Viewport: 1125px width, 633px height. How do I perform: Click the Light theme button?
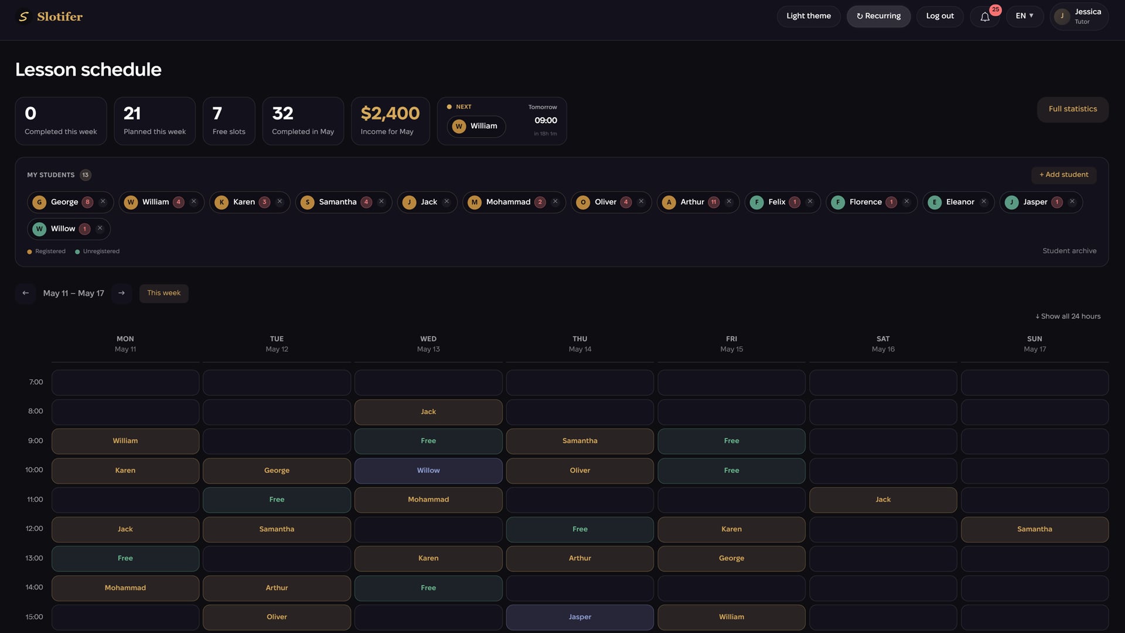click(809, 16)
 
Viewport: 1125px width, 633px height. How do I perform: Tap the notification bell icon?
click(985, 16)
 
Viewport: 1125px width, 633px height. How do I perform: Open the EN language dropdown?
click(1025, 16)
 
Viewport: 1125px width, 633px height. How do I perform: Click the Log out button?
click(940, 16)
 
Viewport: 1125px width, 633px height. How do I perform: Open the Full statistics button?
click(1073, 109)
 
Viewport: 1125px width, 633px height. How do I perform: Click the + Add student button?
click(1063, 175)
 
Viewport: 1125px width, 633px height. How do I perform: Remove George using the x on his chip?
click(103, 202)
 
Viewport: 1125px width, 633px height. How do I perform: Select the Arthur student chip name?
click(692, 202)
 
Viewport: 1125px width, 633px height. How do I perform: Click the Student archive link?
click(1069, 251)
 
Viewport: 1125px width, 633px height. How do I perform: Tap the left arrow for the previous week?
click(26, 293)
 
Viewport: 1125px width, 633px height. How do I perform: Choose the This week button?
click(164, 293)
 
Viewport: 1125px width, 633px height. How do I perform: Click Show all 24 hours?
click(1068, 316)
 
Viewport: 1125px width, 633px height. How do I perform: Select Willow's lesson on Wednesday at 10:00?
click(428, 471)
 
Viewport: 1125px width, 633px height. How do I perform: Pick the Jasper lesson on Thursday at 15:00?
click(580, 617)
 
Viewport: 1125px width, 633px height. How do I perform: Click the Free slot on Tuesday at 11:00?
click(277, 500)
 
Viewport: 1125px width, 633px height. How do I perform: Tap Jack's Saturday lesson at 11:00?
click(883, 500)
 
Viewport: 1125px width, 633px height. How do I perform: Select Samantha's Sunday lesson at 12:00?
click(1035, 529)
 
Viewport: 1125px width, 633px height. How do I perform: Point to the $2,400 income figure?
click(390, 113)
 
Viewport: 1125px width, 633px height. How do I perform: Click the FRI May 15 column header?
click(731, 344)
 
